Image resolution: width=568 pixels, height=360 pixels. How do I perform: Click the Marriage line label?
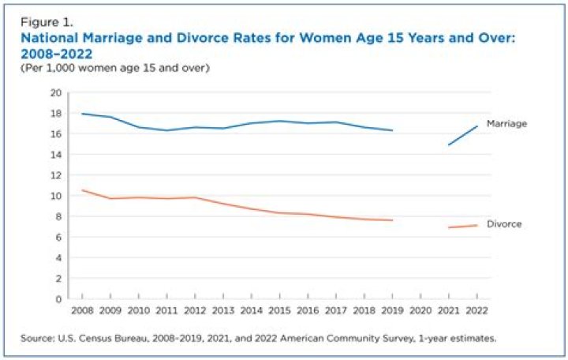(506, 124)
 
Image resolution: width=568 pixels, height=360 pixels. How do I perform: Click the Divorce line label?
(504, 224)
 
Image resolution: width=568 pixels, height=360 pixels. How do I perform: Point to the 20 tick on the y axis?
(56, 92)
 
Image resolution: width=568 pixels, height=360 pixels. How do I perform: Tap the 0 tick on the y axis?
(58, 299)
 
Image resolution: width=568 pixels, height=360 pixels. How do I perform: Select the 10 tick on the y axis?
(56, 196)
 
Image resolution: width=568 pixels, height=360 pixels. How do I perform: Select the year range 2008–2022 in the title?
(58, 53)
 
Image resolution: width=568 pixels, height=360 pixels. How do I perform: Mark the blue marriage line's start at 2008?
(82, 114)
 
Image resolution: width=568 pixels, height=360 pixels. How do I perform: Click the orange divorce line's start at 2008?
(82, 190)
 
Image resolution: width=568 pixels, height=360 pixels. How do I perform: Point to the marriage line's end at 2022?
(476, 126)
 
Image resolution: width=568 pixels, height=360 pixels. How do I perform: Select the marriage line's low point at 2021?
(448, 144)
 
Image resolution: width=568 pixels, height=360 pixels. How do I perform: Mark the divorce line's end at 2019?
(392, 220)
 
